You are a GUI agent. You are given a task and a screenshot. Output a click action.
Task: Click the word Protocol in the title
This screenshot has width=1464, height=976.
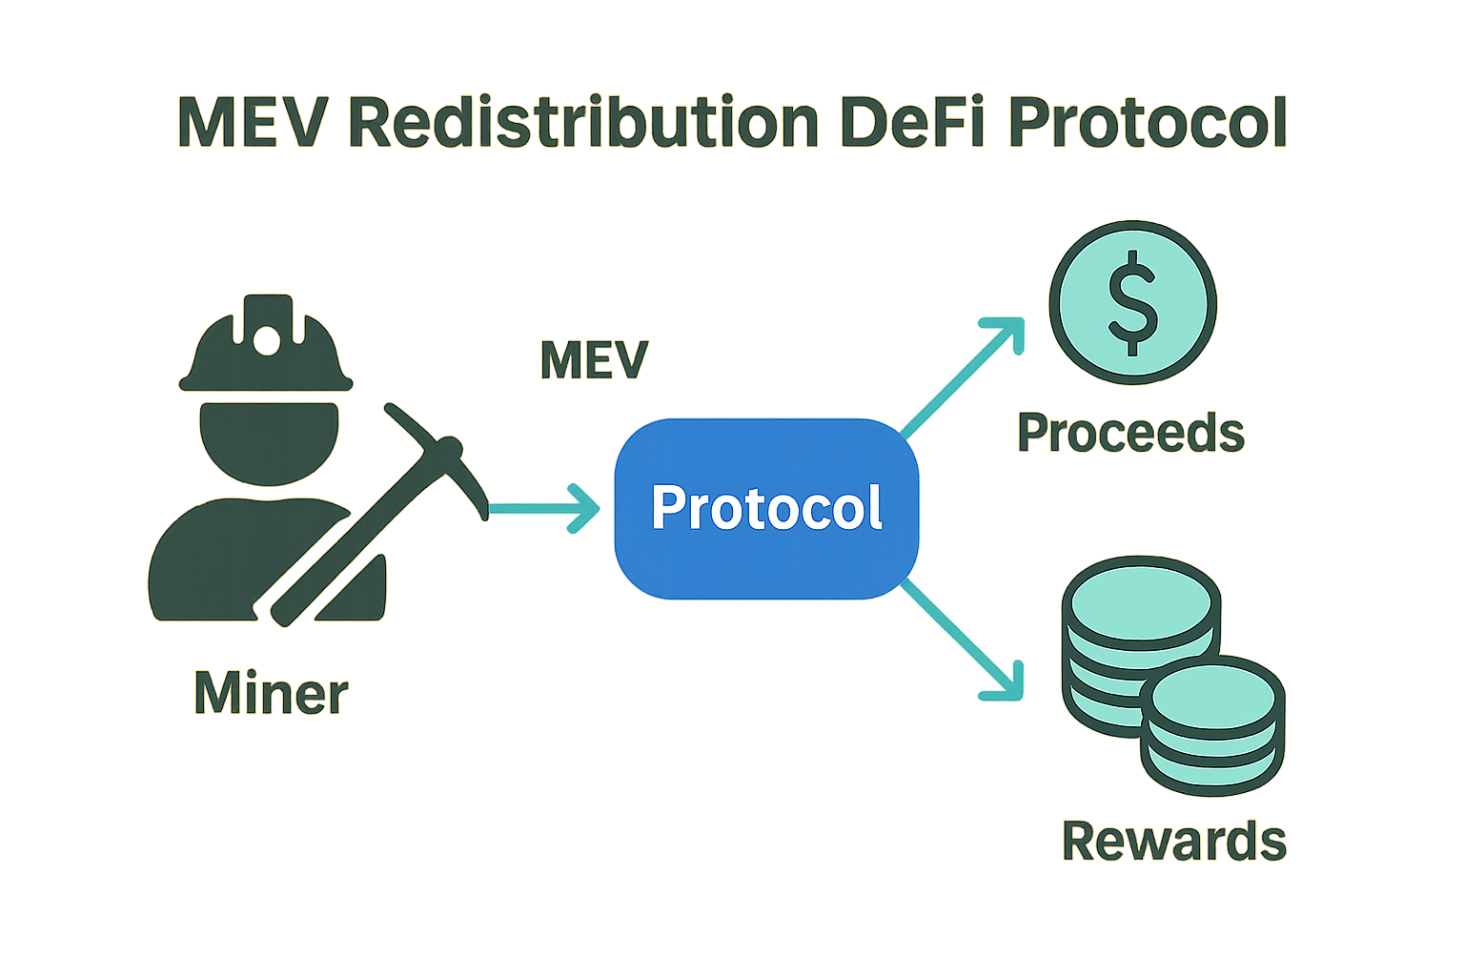click(1148, 122)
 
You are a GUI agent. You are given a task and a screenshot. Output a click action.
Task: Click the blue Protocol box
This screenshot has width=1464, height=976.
click(766, 508)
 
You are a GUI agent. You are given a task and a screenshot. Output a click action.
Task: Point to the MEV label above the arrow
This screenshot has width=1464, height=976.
click(594, 360)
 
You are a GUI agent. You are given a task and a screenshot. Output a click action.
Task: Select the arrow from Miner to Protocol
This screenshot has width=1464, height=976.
click(543, 509)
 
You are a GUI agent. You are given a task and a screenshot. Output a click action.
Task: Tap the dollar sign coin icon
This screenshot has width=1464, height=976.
click(1132, 303)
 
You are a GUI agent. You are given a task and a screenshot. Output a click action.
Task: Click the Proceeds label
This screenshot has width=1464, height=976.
click(1130, 433)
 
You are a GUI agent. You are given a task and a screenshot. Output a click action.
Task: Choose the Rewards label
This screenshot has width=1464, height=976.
click(1174, 841)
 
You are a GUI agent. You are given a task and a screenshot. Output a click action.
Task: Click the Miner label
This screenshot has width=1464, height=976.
click(271, 693)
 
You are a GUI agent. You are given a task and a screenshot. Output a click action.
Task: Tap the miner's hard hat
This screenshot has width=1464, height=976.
click(266, 348)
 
